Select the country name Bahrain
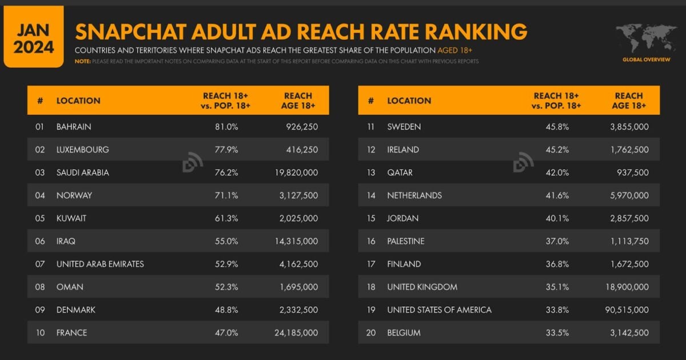74,127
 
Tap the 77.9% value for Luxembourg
226,150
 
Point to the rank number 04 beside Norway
40,195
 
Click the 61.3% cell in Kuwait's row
226,218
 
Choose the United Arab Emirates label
100,264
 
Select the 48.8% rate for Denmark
226,310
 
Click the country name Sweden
404,127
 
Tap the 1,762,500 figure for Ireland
628,150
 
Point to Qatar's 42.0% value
557,173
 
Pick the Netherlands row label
414,195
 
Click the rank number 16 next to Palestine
371,241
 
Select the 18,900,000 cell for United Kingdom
625,287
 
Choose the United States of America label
439,310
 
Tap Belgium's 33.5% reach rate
557,333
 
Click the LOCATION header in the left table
78,101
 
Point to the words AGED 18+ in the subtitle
455,50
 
